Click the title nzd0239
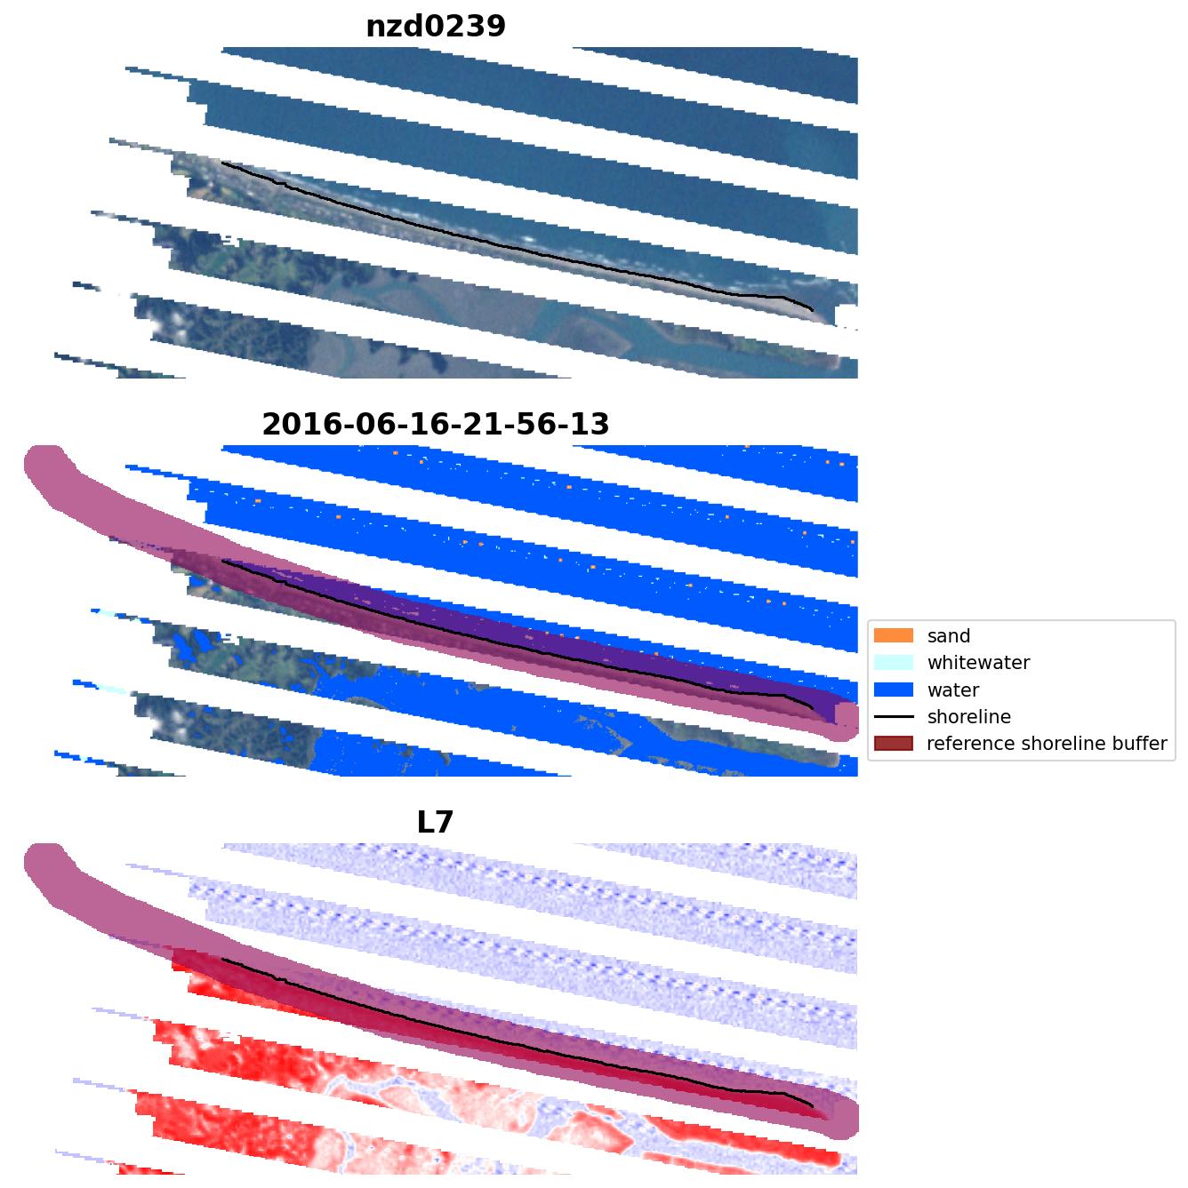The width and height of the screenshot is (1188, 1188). (x=436, y=27)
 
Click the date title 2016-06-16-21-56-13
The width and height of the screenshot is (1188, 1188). (x=436, y=425)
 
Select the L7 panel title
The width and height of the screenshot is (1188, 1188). (x=436, y=823)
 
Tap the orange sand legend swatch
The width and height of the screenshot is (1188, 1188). (x=894, y=635)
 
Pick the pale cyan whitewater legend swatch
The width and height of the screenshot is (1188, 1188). (x=894, y=662)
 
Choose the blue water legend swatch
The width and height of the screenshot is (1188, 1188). (x=894, y=690)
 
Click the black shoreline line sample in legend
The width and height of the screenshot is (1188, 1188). (x=894, y=716)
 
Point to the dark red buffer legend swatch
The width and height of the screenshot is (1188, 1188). (x=894, y=743)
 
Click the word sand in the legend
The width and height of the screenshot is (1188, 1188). (x=949, y=636)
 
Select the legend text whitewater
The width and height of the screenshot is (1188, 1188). (x=978, y=663)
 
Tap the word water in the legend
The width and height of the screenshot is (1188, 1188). (x=953, y=690)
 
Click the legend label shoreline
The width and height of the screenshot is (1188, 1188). (x=968, y=717)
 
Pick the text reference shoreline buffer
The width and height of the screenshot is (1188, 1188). (x=1047, y=744)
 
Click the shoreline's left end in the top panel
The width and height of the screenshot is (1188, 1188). (x=222, y=163)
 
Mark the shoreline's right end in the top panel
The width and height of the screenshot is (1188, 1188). (x=812, y=309)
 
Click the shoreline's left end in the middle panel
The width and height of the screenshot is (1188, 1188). (x=222, y=561)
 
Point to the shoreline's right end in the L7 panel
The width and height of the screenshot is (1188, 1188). (x=812, y=1105)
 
